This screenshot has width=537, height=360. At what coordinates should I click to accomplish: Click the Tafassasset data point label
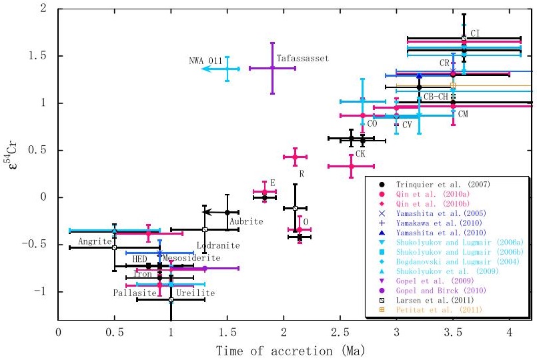point(304,59)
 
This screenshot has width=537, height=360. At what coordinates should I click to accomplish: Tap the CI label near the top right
point(475,33)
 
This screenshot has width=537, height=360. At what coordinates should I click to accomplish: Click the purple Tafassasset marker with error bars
point(272,67)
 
